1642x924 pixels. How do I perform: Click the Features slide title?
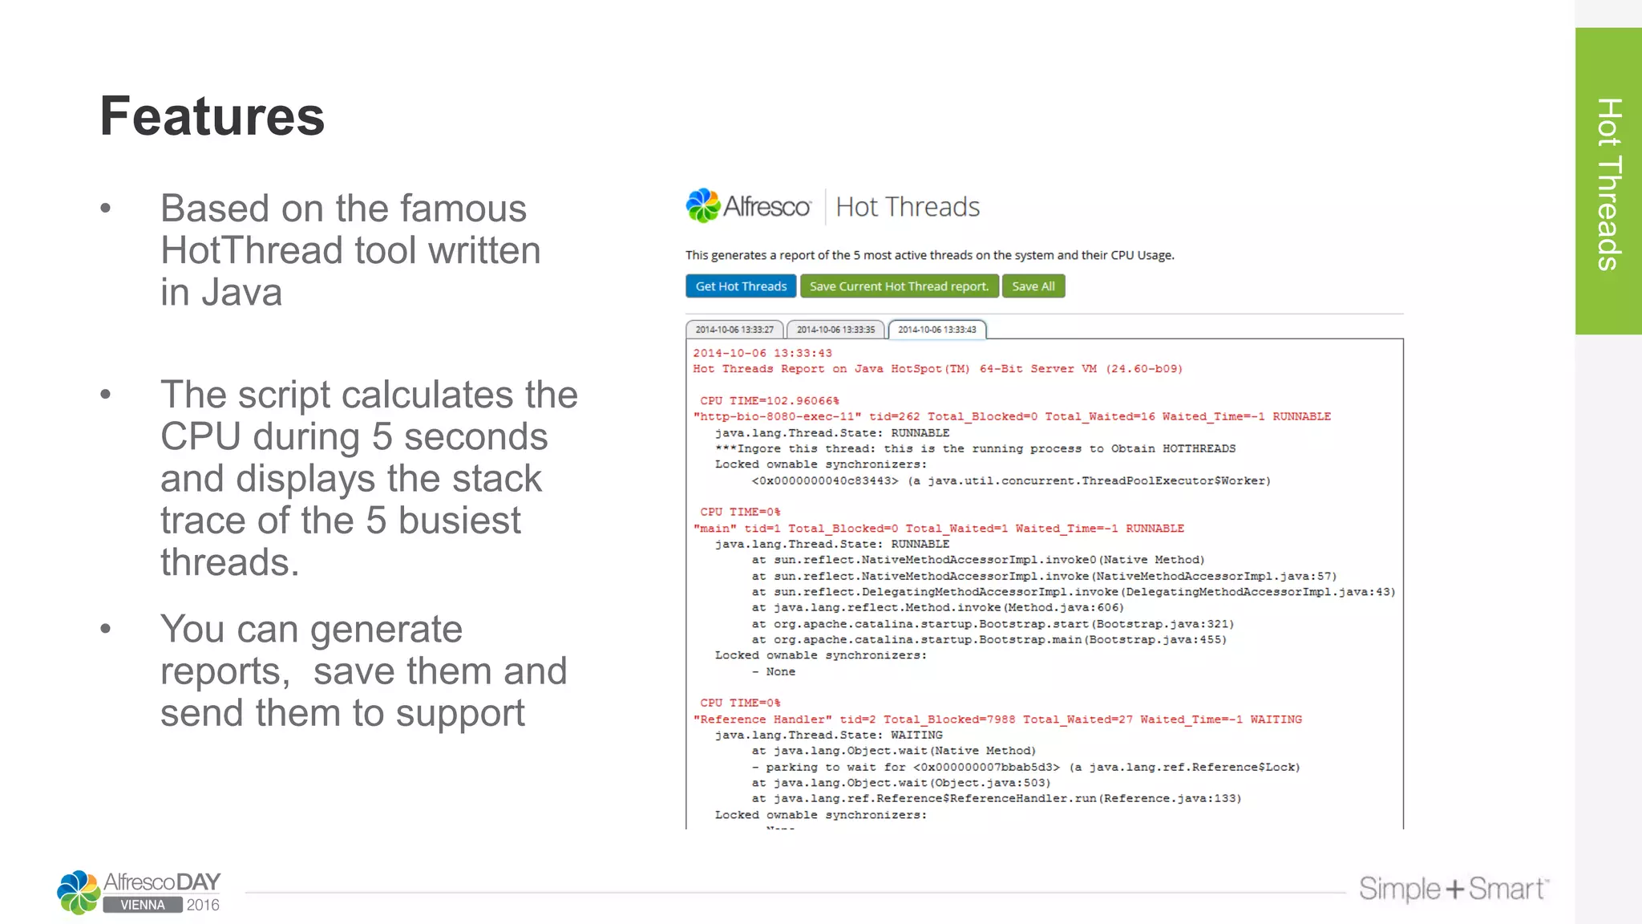[212, 117]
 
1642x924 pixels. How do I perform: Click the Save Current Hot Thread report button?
[899, 286]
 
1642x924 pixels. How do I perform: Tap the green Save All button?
[1033, 286]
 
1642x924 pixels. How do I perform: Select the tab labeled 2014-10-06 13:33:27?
[734, 330]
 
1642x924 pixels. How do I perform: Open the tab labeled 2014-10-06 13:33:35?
[835, 330]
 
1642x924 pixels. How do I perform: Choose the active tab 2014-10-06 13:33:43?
[937, 330]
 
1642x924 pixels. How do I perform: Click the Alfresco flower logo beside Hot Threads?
[703, 206]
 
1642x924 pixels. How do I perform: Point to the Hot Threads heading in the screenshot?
[908, 207]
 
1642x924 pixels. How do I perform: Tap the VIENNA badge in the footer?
[143, 905]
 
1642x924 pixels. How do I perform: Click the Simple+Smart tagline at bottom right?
[1453, 889]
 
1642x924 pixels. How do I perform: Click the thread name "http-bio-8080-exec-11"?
[777, 416]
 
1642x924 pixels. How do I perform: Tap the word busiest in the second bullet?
[459, 521]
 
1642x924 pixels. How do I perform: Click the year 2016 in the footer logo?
[203, 905]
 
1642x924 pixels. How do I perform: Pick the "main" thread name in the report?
[714, 529]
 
